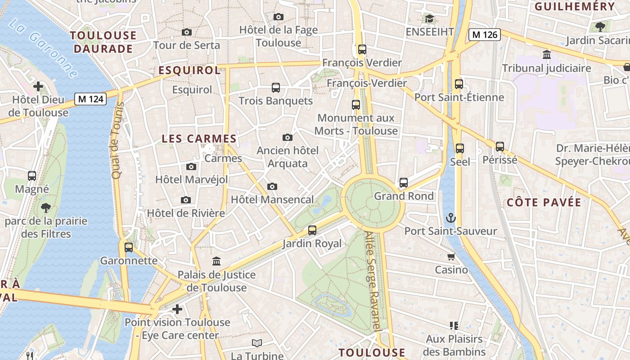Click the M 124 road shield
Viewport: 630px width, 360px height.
[90, 99]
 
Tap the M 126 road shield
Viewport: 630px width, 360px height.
[484, 34]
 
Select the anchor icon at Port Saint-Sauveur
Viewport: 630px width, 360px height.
[450, 218]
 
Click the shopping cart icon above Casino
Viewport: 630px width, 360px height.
[451, 257]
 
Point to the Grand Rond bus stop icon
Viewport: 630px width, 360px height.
[404, 183]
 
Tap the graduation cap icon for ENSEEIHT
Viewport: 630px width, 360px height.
[429, 19]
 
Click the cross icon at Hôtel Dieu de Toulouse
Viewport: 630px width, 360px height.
[38, 86]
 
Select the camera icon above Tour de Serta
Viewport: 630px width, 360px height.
[186, 32]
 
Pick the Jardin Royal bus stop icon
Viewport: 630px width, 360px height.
[312, 230]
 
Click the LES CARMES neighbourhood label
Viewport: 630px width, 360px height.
[199, 139]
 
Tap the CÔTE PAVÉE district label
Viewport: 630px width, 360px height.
[544, 202]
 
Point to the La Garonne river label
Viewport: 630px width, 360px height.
[43, 47]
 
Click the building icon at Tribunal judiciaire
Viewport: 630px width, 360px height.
[547, 55]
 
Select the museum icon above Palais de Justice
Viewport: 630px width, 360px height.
[216, 261]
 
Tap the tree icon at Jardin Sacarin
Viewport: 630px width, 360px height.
[600, 27]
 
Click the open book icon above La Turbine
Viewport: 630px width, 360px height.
[257, 343]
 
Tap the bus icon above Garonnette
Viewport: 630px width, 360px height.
[129, 247]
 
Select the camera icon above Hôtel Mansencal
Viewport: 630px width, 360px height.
[272, 186]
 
